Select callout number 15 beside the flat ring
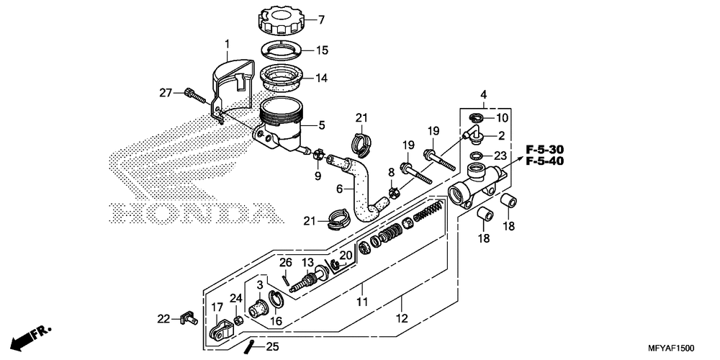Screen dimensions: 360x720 323,50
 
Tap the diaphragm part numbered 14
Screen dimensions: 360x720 282,77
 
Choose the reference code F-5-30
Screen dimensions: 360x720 544,149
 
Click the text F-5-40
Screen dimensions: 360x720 544,161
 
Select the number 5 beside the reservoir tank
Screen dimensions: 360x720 322,125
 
